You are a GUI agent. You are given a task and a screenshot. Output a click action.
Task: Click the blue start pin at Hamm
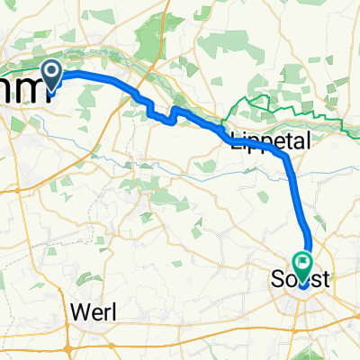(51, 76)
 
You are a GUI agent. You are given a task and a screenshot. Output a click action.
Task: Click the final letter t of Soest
(327, 283)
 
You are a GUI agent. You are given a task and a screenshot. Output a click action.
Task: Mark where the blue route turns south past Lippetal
(286, 157)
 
